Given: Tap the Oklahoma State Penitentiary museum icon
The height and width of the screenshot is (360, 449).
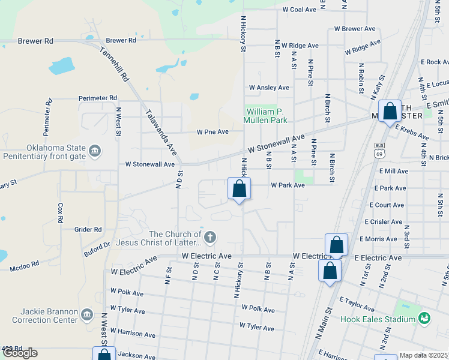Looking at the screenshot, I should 95,151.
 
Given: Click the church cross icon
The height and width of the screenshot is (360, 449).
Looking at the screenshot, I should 209,238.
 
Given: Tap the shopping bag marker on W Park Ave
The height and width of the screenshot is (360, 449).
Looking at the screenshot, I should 239,189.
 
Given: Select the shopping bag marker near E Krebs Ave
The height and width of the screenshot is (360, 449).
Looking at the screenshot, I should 390,112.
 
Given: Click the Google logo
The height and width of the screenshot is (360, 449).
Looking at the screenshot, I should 20,353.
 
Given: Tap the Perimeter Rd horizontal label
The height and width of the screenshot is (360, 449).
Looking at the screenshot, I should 97,98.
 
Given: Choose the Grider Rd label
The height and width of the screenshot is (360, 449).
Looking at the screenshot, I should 88,229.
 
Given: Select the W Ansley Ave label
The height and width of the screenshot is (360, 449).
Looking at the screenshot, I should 269,88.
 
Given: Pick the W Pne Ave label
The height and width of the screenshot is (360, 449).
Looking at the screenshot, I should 213,132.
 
